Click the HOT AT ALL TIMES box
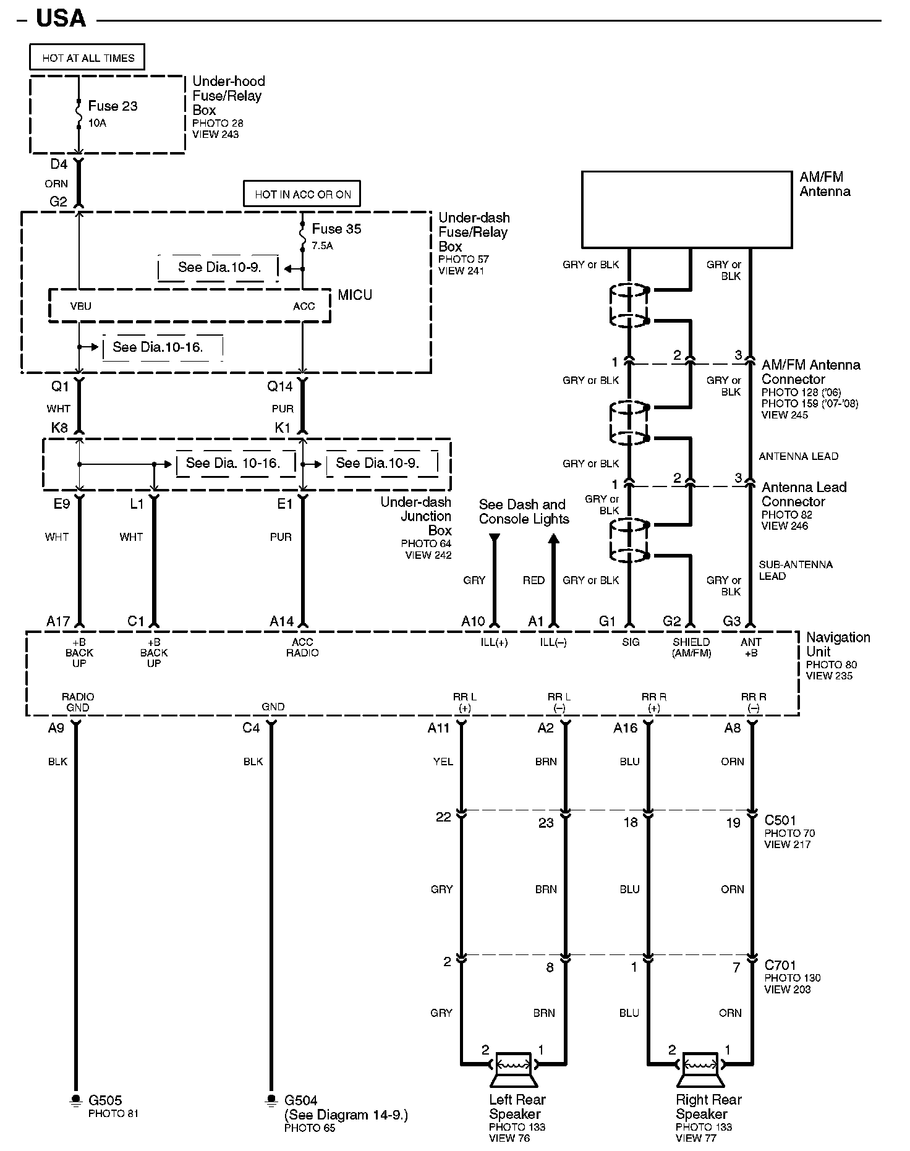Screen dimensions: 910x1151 point(87,57)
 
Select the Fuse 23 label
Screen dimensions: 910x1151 point(113,106)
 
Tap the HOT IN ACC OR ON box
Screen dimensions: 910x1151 point(302,193)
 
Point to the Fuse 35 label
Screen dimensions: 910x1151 point(336,229)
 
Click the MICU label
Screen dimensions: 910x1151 point(355,295)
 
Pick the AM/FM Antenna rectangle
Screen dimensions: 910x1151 point(686,210)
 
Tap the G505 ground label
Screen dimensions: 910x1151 point(105,1100)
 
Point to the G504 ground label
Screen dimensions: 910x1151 point(301,1100)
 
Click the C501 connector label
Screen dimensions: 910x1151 point(780,820)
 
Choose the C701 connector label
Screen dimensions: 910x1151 point(780,965)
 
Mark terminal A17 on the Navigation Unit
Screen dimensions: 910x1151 point(58,621)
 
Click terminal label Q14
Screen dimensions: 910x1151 point(279,387)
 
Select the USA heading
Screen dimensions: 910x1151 point(61,19)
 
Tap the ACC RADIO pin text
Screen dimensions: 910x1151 point(302,647)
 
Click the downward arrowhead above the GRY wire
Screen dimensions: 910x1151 point(494,540)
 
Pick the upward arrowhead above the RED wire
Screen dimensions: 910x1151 point(554,540)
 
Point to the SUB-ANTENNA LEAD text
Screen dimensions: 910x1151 point(795,570)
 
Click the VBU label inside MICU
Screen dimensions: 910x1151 point(80,306)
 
